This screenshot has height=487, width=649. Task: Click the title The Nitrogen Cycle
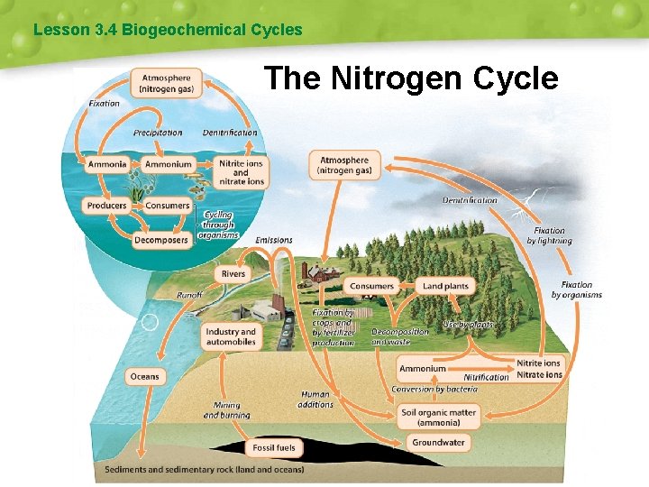pos(411,78)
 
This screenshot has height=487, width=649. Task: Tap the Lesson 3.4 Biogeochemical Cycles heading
pos(168,30)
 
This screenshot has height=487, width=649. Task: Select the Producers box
pos(106,206)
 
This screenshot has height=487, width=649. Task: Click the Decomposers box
pos(161,240)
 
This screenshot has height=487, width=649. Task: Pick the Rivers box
pos(233,273)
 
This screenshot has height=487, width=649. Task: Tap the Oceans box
pos(144,376)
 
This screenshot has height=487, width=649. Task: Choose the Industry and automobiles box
pos(231,337)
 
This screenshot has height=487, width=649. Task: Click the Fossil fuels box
pos(274,447)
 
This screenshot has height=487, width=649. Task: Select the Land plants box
pos(445,286)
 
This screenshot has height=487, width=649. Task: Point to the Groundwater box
pos(439,442)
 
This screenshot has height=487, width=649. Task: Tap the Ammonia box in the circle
pos(107,164)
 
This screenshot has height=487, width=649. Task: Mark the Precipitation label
pos(158,133)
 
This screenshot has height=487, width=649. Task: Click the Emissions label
pos(274,240)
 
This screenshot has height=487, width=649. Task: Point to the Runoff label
pos(189,295)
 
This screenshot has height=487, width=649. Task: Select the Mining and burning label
pos(226,410)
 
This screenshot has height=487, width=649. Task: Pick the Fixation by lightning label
pos(549,236)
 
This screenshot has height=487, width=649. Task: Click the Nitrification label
pos(486,377)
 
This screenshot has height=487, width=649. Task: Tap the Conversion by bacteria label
pos(433,390)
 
